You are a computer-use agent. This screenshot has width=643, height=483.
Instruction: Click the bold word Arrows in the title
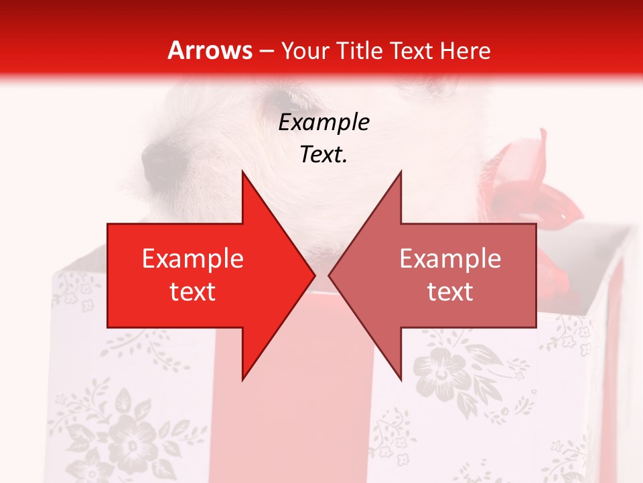pos(210,50)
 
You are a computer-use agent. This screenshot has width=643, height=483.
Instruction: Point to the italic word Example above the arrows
pos(324,123)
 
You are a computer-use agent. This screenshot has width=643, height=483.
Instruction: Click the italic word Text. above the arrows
pos(324,155)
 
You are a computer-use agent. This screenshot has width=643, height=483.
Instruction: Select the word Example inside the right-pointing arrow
pos(193,259)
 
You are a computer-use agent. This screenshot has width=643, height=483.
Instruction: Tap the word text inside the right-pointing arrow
pos(193,292)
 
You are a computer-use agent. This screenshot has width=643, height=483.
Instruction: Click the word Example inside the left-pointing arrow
pos(450,259)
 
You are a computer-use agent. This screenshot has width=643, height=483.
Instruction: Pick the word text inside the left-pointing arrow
pos(450,292)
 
